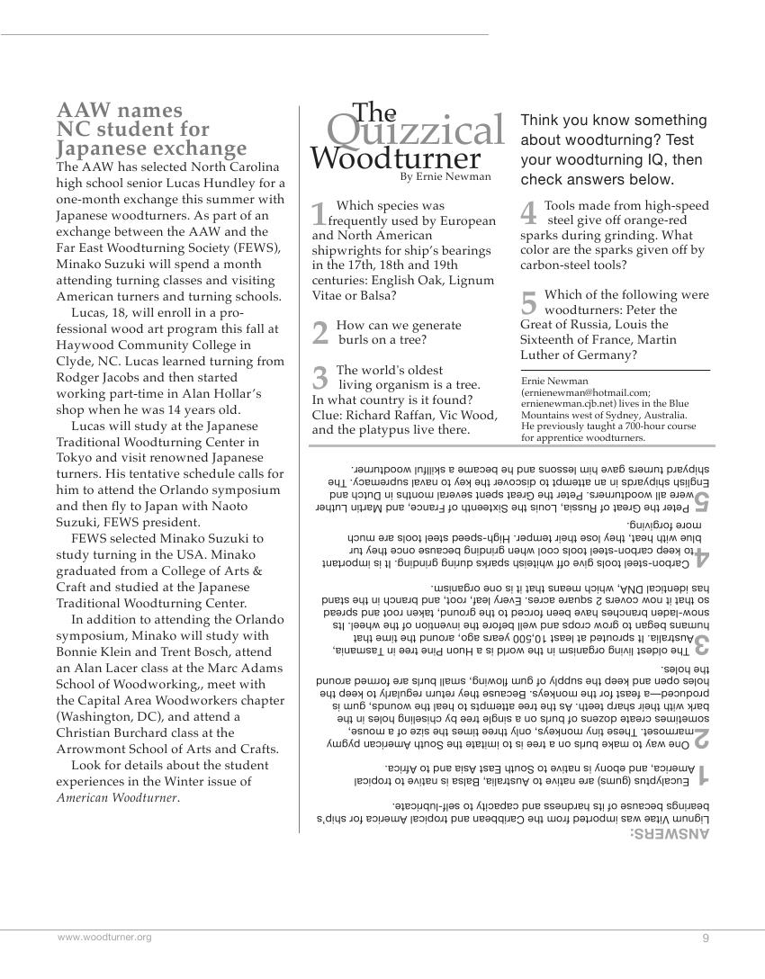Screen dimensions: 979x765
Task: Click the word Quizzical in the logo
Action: coord(415,131)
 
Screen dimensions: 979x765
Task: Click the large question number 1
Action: coord(319,214)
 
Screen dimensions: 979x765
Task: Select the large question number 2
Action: coord(319,333)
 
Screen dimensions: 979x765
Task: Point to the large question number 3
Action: coord(319,378)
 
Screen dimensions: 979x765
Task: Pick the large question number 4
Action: coord(529,213)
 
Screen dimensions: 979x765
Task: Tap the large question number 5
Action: coord(529,302)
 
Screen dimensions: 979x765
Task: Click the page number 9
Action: coord(706,938)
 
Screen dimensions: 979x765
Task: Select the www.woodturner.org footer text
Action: coord(104,937)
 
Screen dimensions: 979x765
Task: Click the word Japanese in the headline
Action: coord(99,148)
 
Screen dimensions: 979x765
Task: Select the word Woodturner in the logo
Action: coord(396,158)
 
